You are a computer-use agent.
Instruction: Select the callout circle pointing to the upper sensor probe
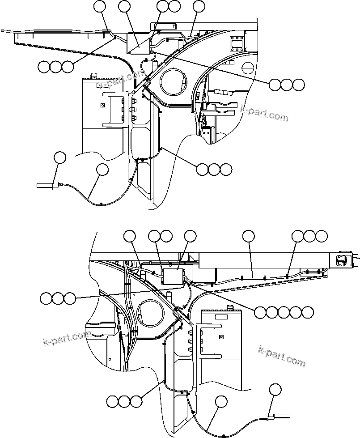click(x=59, y=158)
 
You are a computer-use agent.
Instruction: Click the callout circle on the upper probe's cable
click(x=102, y=170)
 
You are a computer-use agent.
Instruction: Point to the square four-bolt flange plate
click(x=236, y=44)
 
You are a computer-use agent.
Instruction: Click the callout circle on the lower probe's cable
click(x=220, y=401)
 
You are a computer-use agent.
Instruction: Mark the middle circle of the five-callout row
click(x=283, y=312)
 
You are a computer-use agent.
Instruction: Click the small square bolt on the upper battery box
click(x=103, y=106)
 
